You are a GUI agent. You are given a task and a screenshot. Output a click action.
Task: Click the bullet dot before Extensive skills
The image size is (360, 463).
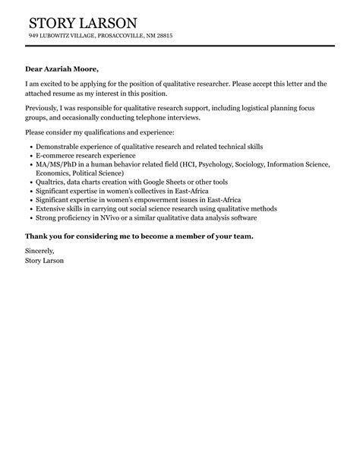point(29,209)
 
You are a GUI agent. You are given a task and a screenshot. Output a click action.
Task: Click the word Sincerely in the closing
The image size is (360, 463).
point(40,250)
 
